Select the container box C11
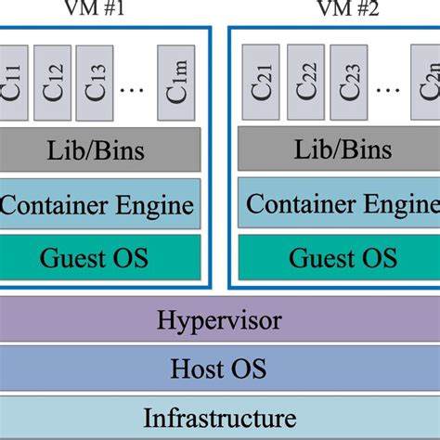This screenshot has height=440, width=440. pyautogui.click(x=14, y=82)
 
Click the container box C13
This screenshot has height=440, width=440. pyautogui.click(x=94, y=82)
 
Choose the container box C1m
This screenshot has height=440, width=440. pyautogui.click(x=176, y=82)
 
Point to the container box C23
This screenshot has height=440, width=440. pyautogui.click(x=347, y=82)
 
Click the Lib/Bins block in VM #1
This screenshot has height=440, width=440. pyautogui.click(x=100, y=149)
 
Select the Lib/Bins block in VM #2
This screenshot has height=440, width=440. pyautogui.click(x=338, y=149)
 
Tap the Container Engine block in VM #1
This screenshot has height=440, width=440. pyautogui.click(x=100, y=202)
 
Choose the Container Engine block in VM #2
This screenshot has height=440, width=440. pyautogui.click(x=338, y=202)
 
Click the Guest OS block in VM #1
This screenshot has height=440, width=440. pyautogui.click(x=100, y=256)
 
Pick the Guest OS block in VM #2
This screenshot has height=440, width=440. pyautogui.click(x=338, y=256)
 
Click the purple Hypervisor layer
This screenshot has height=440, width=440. pyautogui.click(x=220, y=321)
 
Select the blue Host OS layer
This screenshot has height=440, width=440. pyautogui.click(x=220, y=369)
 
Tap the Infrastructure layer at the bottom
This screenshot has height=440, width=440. pyautogui.click(x=220, y=417)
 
